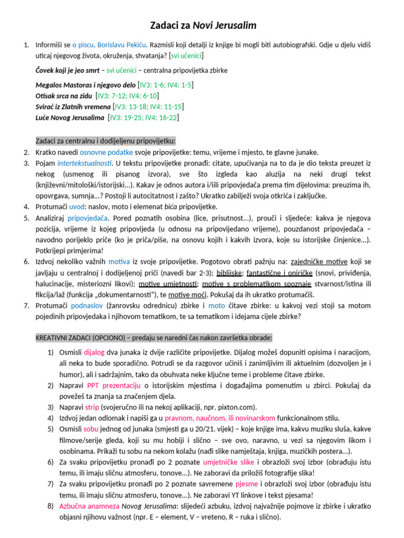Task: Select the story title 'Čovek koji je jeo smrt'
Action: tap(68, 70)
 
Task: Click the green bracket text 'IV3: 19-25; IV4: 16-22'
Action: tap(144, 118)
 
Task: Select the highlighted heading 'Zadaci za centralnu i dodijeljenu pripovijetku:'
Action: tap(106, 141)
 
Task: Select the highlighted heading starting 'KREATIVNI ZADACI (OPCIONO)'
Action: tap(154, 338)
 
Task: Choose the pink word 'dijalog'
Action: tap(94, 353)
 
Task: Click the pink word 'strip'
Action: tap(93, 407)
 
